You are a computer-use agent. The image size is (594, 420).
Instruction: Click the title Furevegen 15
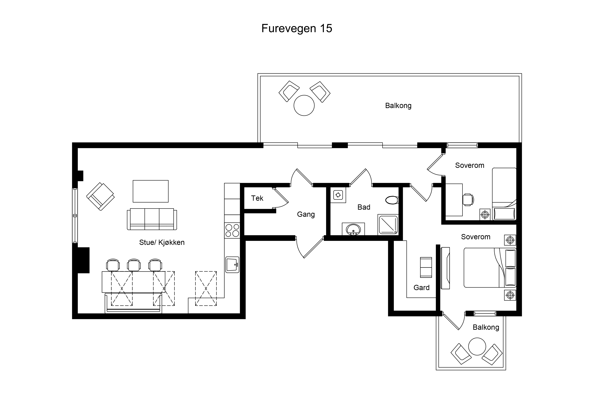297,28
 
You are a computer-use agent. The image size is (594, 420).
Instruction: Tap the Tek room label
257,198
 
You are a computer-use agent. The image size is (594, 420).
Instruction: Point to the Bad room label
364,207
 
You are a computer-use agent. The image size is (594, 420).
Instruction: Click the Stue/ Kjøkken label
162,243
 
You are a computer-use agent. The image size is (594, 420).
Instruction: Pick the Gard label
421,288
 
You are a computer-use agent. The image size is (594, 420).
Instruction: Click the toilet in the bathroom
392,200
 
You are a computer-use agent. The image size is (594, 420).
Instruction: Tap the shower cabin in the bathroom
388,225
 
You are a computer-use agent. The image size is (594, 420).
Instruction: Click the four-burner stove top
232,230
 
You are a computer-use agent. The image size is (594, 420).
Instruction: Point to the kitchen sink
232,265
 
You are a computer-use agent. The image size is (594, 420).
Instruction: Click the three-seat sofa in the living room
152,219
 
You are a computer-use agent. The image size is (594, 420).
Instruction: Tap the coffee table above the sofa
151,191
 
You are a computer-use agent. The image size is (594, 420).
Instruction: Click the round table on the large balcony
304,105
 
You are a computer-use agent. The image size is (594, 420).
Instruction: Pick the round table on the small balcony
477,346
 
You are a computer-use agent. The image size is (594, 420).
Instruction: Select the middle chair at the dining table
134,265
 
